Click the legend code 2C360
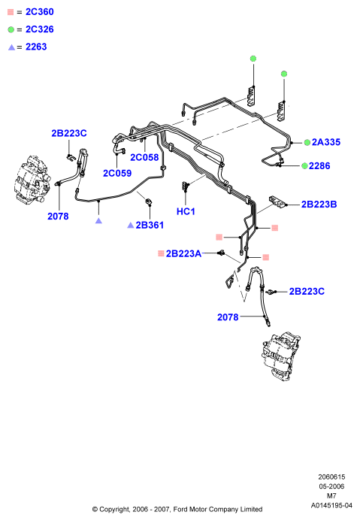click(x=40, y=12)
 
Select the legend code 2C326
click(x=40, y=29)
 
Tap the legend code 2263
click(x=36, y=47)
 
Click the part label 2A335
click(x=326, y=142)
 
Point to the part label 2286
click(x=319, y=166)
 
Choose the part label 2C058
click(x=144, y=157)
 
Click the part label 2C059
click(x=117, y=173)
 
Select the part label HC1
click(x=186, y=211)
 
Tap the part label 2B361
click(x=150, y=226)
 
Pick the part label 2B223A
click(x=183, y=253)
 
